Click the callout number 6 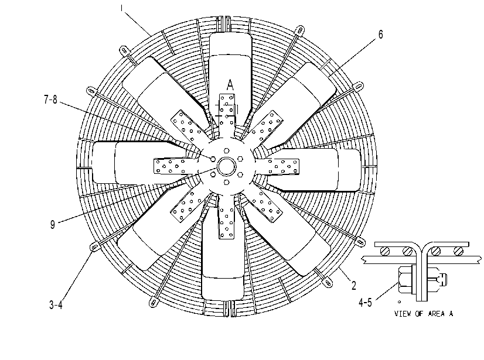(x=380, y=35)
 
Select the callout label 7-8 (x=50, y=100)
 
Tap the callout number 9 (x=53, y=224)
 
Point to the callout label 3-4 (x=56, y=305)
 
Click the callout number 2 (x=354, y=286)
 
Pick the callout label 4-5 (x=365, y=303)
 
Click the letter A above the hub (x=230, y=85)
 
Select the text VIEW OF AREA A (x=424, y=314)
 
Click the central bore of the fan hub (x=227, y=166)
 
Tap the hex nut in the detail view (x=405, y=279)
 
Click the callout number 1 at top (x=122, y=8)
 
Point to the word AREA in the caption (x=436, y=314)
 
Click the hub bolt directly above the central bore (x=227, y=151)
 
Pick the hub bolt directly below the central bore (x=227, y=182)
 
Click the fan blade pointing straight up (x=230, y=71)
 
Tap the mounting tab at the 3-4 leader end (x=94, y=247)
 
